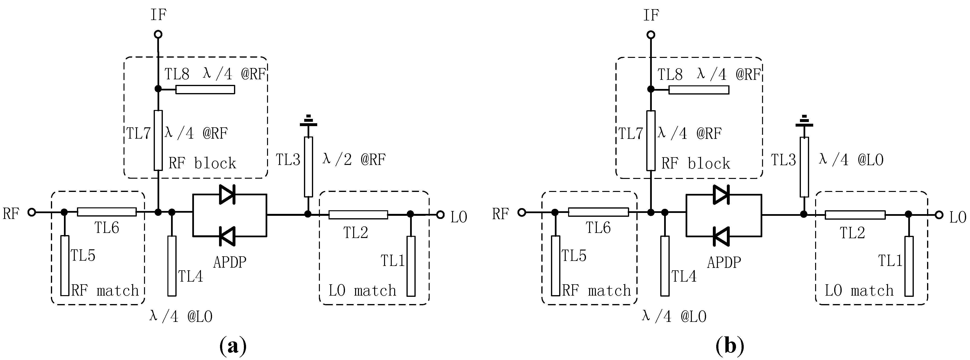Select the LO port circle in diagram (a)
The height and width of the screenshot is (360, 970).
[440, 215]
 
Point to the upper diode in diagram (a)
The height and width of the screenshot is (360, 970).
[227, 195]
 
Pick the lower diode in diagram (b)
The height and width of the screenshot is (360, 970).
[721, 237]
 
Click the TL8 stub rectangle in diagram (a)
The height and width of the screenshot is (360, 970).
[205, 89]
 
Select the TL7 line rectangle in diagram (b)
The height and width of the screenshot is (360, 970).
[651, 141]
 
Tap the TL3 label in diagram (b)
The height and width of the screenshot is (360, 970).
[784, 160]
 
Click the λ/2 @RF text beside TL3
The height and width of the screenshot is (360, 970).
[354, 160]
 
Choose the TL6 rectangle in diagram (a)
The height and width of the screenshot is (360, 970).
[107, 212]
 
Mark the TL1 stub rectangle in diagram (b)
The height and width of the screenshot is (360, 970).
[909, 266]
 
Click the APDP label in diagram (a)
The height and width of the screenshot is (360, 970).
[230, 262]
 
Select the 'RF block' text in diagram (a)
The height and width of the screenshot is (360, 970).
[202, 163]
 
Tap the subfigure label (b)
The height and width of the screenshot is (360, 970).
[729, 345]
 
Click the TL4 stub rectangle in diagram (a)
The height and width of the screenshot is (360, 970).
[172, 266]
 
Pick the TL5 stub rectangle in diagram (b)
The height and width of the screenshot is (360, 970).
[555, 266]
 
